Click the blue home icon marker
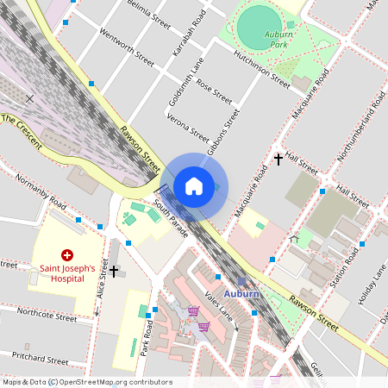194,186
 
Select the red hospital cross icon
67,255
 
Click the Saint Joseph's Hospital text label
68,273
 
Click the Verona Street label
187,125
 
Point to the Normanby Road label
39,194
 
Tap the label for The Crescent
21,130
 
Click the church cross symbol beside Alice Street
114,272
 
